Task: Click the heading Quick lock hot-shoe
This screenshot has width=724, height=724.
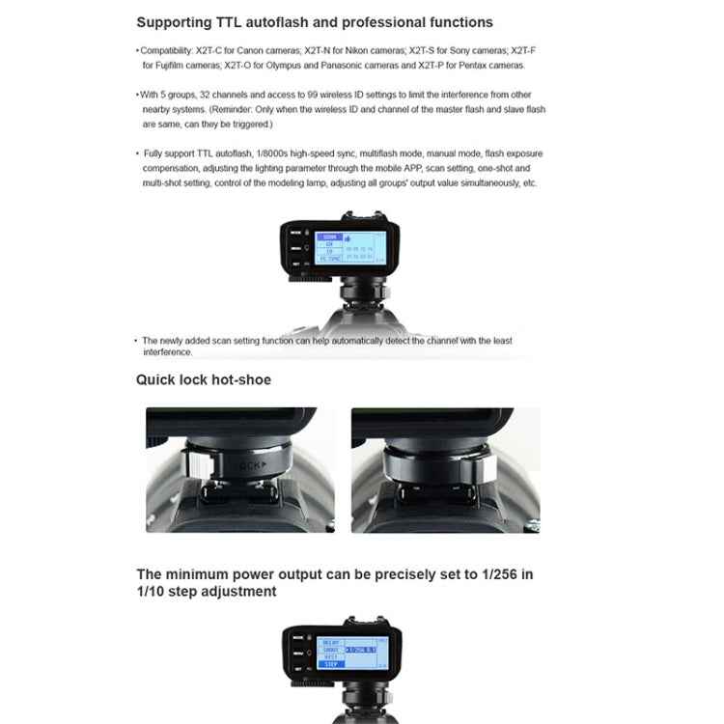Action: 204,380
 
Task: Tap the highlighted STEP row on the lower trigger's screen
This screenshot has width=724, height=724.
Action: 330,665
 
